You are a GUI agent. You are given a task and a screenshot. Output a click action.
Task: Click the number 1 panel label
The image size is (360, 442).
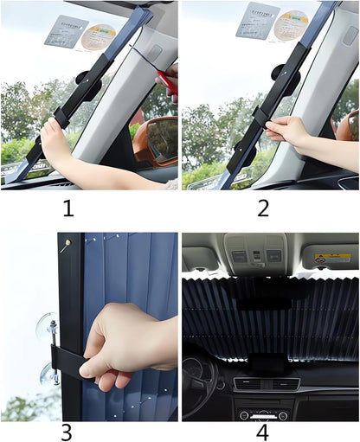67,208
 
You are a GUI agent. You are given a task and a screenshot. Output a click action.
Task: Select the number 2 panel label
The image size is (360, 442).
263,208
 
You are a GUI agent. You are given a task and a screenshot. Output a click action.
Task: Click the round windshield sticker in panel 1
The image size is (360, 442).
99,36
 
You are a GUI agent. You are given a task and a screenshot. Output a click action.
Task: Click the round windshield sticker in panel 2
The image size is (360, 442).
291,24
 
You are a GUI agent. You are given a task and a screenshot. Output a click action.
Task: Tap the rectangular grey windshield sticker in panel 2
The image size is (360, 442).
257,19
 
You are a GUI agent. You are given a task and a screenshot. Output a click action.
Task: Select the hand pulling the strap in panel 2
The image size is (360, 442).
286,131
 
